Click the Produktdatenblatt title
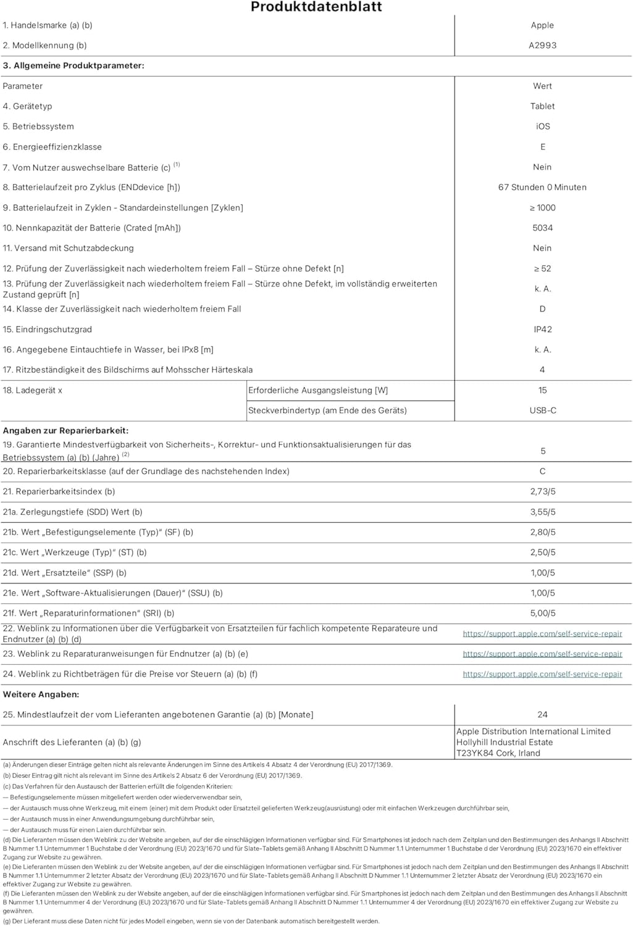coord(316,7)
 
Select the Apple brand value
coord(542,25)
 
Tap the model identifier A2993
coord(542,46)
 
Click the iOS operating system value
coord(543,127)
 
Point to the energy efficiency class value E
coord(543,147)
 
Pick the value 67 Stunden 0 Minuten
coord(542,188)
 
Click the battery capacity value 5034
coord(542,228)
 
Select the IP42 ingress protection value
coord(543,330)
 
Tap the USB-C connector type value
coord(543,411)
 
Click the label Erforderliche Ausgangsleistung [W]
coord(318,390)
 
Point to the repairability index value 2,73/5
coord(543,492)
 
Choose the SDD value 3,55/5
coord(543,512)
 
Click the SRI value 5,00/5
coord(543,614)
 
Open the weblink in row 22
coord(542,634)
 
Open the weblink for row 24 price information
coord(542,675)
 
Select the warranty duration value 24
coord(542,715)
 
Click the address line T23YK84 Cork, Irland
coord(498,753)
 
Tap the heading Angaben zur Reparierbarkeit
coord(65,431)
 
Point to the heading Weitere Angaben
coord(41,694)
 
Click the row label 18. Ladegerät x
coord(33,390)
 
